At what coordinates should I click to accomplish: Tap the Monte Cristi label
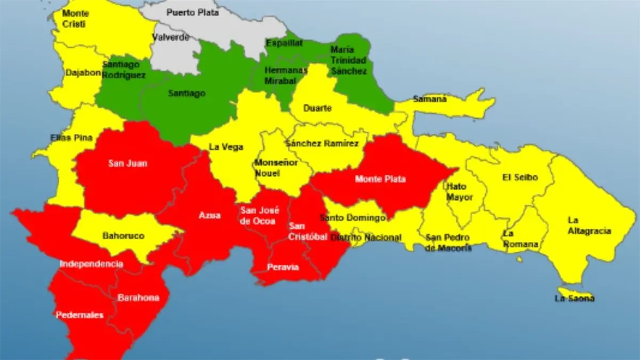click(76, 18)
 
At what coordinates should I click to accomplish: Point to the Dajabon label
click(83, 73)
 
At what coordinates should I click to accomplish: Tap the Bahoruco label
click(123, 235)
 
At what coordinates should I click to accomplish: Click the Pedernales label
click(79, 315)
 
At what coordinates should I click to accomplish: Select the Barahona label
click(138, 298)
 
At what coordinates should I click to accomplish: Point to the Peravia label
click(283, 267)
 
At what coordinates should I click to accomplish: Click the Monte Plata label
click(380, 179)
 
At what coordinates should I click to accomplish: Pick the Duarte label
click(317, 108)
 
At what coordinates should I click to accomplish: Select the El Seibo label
click(520, 177)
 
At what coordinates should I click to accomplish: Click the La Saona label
click(574, 299)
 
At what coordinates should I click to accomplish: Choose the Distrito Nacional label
click(366, 237)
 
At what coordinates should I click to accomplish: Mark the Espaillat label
click(285, 42)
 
